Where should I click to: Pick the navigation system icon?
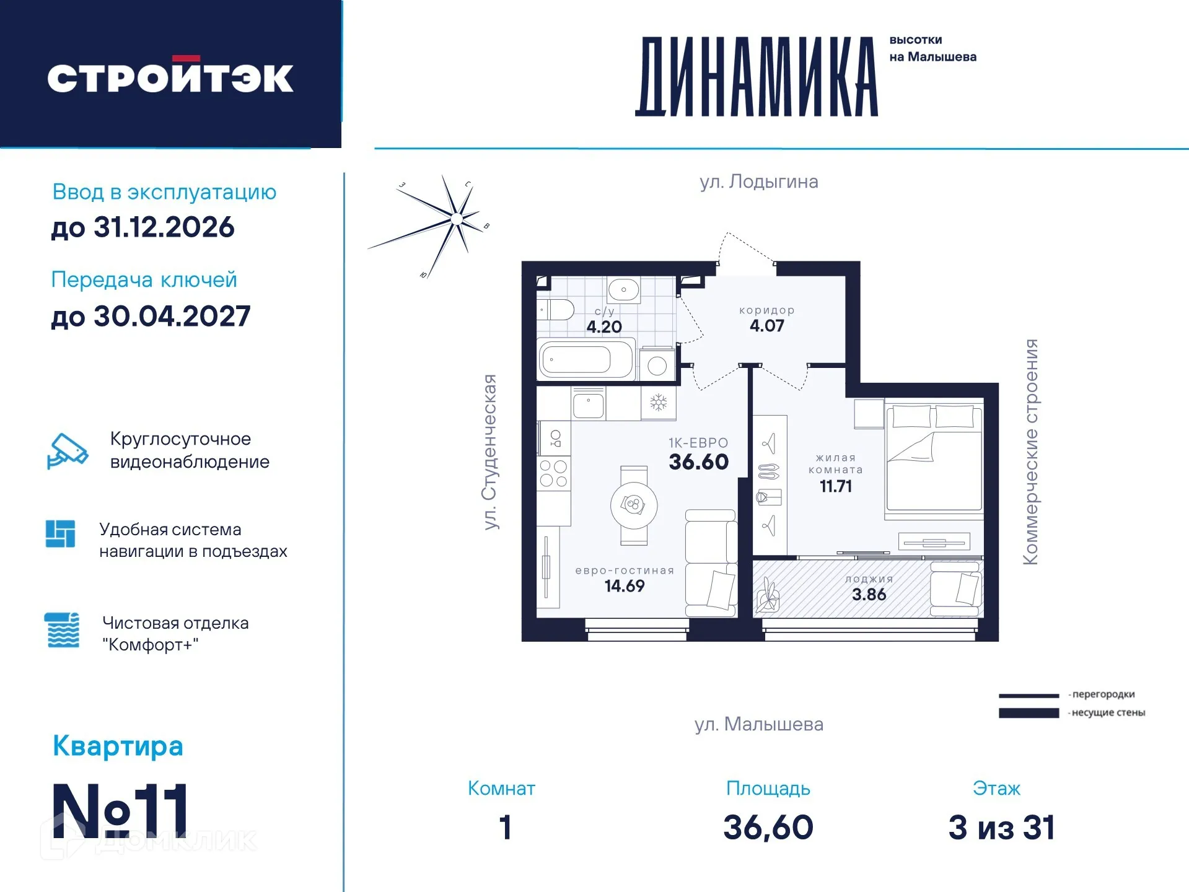pos(61,533)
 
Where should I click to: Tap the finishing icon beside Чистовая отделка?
pos(63,631)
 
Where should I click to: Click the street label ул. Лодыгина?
pos(758,181)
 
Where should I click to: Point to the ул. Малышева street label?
pos(758,724)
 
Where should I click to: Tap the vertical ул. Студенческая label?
pos(490,452)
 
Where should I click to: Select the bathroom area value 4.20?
pos(603,327)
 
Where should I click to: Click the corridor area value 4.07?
pos(766,326)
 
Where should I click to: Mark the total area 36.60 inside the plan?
pos(698,462)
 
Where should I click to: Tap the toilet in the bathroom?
pos(555,309)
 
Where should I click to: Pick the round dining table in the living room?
pos(633,505)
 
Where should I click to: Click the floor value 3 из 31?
pos(1001,828)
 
